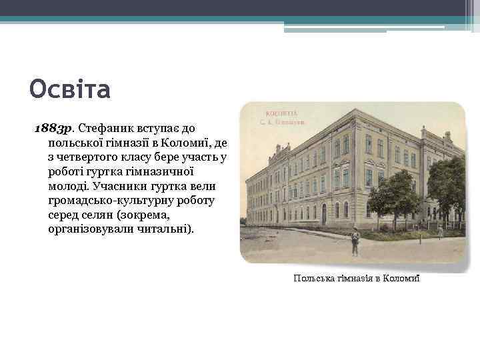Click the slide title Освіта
point(70,89)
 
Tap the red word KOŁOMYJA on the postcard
point(282,113)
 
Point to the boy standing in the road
point(355,242)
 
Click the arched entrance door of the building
point(323,213)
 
